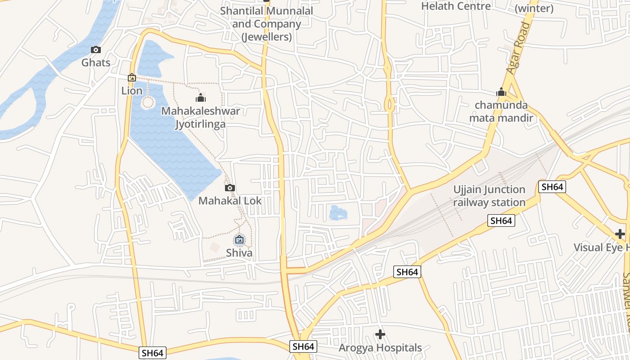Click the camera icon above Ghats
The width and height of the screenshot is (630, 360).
(x=95, y=50)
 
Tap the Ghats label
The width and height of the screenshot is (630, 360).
(x=96, y=63)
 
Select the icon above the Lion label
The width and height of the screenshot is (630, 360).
(x=131, y=78)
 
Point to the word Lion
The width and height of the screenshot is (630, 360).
(x=132, y=91)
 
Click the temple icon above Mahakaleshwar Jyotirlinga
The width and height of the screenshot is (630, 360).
(x=201, y=98)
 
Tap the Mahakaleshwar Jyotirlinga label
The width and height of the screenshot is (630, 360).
(x=201, y=117)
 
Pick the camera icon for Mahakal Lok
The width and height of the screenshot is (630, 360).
(x=230, y=188)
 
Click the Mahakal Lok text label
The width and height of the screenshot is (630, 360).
(x=230, y=201)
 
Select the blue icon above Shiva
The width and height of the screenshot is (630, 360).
(x=239, y=240)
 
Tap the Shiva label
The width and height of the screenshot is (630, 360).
(x=239, y=253)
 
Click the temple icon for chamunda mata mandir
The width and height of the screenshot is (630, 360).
(x=501, y=93)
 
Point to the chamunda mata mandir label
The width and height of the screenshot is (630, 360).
(x=501, y=112)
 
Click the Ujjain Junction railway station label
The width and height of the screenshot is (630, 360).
(x=489, y=196)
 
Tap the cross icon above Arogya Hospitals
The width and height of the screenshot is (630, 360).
(x=380, y=334)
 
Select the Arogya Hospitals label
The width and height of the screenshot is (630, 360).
(x=380, y=348)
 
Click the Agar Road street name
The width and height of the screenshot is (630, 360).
(x=519, y=48)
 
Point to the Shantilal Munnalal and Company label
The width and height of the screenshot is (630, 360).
(x=267, y=24)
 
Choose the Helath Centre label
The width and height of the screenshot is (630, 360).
(x=456, y=6)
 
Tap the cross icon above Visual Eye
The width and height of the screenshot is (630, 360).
(x=620, y=234)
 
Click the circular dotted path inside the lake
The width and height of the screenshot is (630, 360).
(x=148, y=103)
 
